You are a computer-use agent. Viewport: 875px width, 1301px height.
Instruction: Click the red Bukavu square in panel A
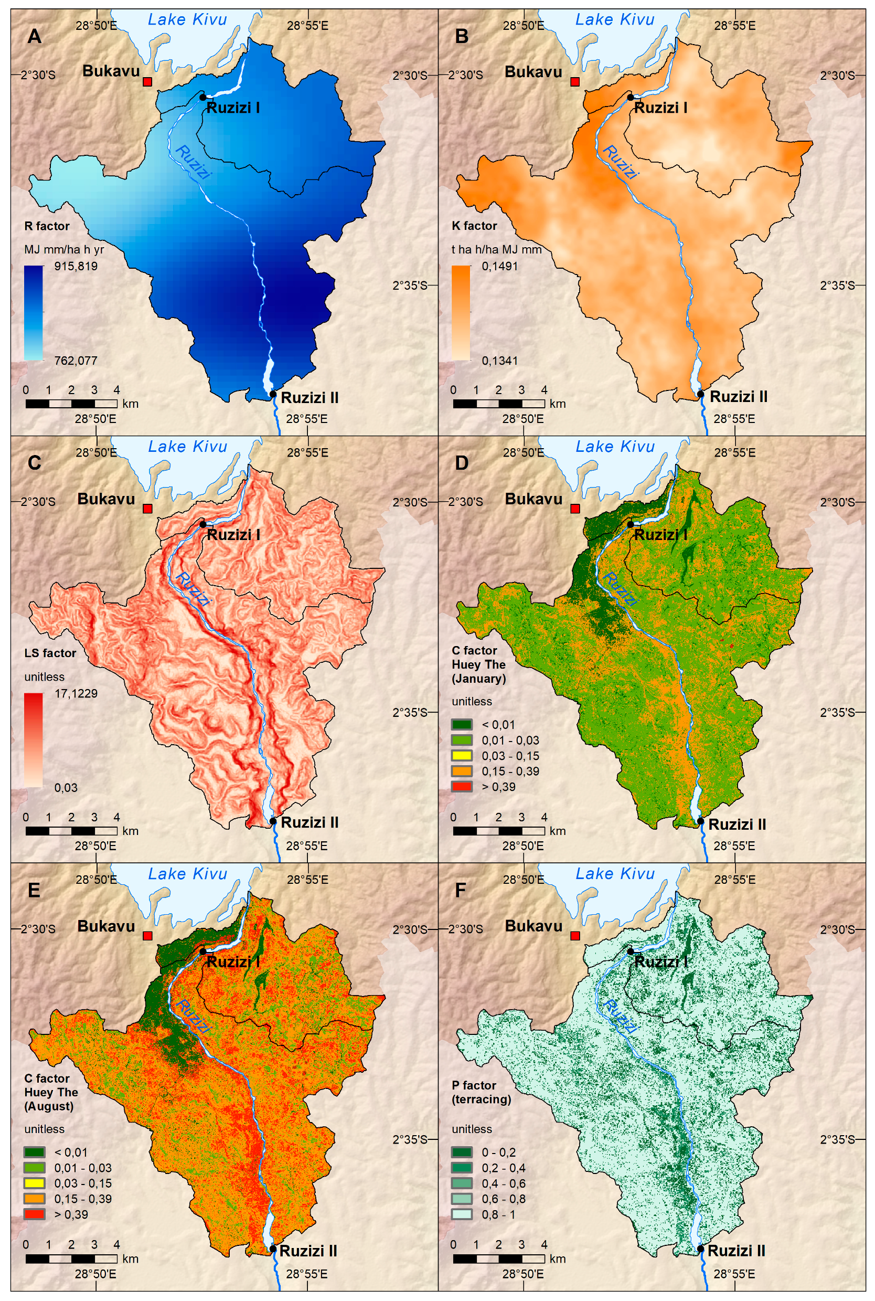147,82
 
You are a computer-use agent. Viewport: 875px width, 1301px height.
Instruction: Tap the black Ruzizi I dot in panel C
203,524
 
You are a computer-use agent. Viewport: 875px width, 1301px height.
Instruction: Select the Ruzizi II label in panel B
738,397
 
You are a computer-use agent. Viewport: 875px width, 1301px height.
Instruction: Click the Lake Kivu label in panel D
614,447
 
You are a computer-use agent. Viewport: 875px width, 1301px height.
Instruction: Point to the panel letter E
34,890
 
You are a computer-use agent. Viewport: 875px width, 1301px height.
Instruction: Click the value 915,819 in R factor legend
76,266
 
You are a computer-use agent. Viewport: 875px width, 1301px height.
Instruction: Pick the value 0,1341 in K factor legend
499,361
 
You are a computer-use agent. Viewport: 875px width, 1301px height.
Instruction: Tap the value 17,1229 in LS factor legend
76,693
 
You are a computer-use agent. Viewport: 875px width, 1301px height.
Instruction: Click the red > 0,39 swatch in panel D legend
462,786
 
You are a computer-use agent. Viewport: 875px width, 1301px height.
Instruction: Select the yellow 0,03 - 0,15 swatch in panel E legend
34,1183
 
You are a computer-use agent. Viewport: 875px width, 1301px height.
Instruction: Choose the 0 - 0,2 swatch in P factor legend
462,1152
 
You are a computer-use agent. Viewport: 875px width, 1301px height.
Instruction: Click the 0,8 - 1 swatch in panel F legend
462,1214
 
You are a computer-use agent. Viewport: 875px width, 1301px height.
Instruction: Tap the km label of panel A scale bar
131,404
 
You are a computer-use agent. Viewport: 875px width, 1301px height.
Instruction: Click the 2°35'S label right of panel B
837,285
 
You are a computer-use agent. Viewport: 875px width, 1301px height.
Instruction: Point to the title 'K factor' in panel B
474,226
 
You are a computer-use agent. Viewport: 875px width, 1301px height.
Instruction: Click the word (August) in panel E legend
49,1106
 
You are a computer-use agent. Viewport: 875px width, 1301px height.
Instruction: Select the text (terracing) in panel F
481,1099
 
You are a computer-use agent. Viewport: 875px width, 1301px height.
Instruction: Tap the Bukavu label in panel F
533,926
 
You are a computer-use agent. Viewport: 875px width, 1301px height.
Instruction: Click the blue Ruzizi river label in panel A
193,162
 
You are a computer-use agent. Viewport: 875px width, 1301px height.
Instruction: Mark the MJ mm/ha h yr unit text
63,249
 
